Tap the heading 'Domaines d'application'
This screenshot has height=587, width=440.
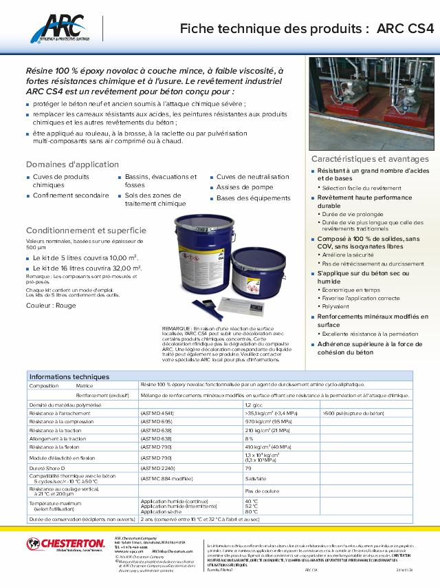tap(63, 164)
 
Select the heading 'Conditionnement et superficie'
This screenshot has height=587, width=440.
tap(86, 231)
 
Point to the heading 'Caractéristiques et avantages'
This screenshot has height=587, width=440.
tap(370, 159)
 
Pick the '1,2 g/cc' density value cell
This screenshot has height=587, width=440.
tap(254, 405)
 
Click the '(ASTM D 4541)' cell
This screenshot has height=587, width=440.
tap(157, 412)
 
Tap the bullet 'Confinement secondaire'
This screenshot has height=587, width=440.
tap(71, 195)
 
